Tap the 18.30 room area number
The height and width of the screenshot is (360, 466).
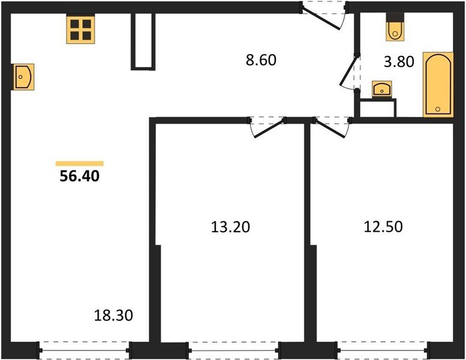tap(114, 314)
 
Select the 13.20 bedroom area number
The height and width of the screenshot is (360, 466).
tap(230, 227)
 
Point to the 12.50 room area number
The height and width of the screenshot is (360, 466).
tap(383, 227)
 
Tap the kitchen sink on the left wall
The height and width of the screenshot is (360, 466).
tap(22, 77)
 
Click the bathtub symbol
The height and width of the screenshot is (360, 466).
tap(438, 84)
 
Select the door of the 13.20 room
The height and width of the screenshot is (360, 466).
tap(267, 126)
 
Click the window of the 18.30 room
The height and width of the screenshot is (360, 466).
tap(85, 349)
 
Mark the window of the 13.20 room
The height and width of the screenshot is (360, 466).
tap(234, 349)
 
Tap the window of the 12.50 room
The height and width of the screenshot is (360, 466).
tap(383, 349)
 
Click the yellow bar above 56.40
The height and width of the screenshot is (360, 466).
tap(79, 163)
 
